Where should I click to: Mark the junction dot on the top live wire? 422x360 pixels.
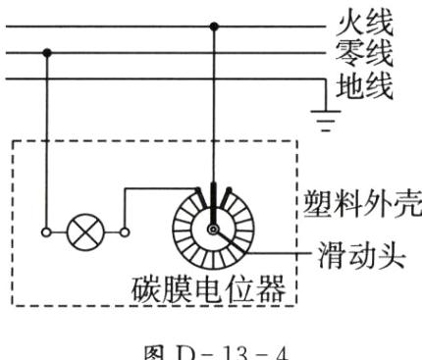[213, 25]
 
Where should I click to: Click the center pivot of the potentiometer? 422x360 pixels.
[211, 229]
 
